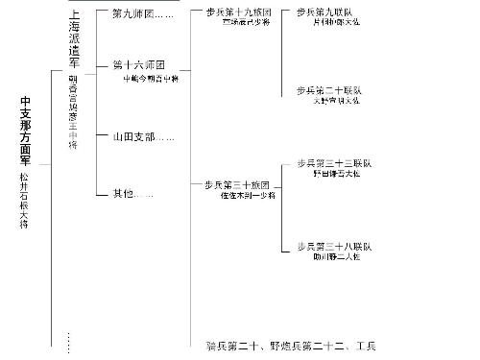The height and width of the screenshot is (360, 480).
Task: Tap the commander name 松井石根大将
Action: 25,200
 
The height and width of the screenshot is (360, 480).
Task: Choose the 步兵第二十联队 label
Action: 329,90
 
